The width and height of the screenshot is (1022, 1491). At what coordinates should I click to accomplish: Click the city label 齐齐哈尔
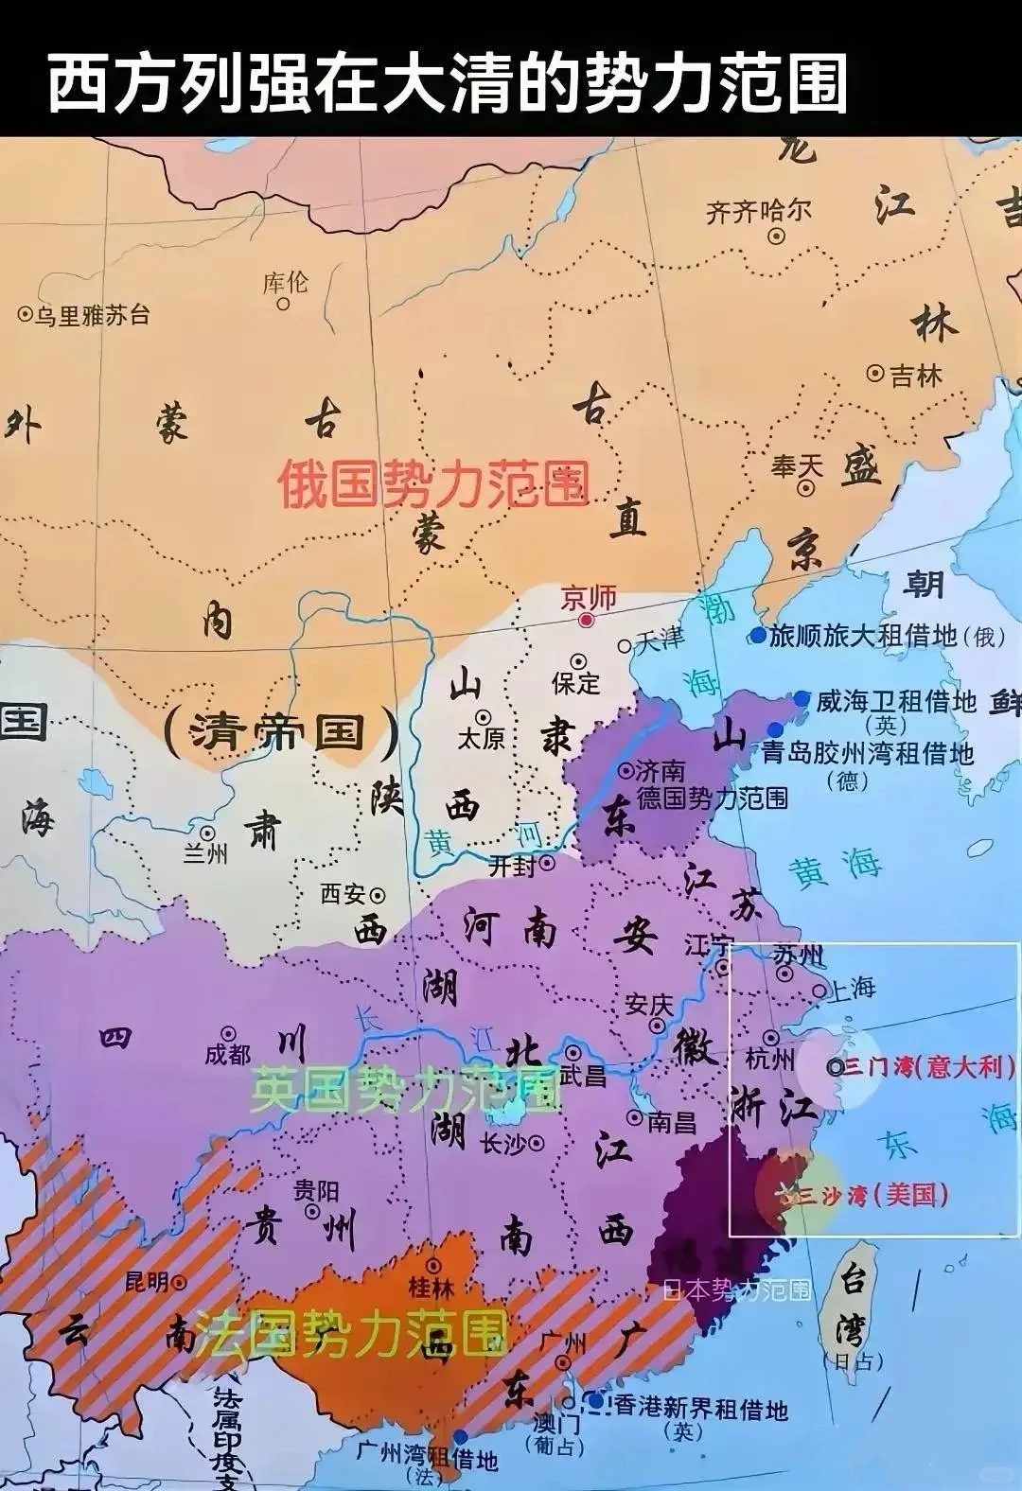(x=759, y=211)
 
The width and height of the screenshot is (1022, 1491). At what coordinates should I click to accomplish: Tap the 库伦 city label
(x=285, y=282)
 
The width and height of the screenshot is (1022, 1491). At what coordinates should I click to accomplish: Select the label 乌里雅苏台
(x=93, y=315)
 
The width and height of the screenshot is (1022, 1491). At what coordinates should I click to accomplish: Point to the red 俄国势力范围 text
(x=433, y=484)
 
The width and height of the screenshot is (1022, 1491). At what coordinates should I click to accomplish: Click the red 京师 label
(x=589, y=598)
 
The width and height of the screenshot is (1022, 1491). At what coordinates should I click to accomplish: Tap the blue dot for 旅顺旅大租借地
(x=758, y=636)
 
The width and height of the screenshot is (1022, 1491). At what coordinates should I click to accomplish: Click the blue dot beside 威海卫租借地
(x=802, y=700)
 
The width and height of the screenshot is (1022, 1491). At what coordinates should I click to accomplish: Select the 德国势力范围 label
(x=712, y=798)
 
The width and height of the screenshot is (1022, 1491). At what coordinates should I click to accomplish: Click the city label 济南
(x=660, y=770)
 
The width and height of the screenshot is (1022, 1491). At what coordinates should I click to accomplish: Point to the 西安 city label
(x=343, y=892)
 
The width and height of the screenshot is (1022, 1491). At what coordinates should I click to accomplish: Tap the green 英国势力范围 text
(x=405, y=1091)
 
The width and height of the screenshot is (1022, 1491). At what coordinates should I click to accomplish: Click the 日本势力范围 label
(x=736, y=1289)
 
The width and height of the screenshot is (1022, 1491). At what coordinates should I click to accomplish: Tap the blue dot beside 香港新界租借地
(x=595, y=1399)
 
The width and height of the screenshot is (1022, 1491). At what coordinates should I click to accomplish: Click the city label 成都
(x=227, y=1053)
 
